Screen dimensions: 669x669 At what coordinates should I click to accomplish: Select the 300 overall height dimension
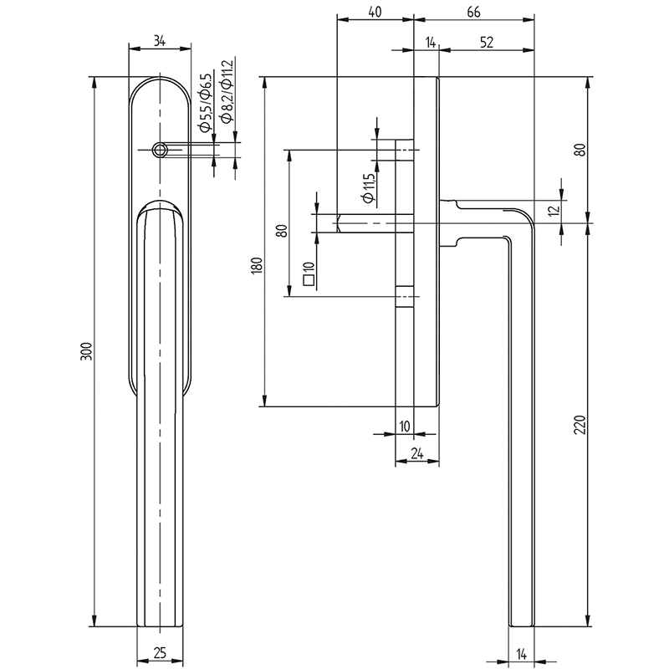[84, 352]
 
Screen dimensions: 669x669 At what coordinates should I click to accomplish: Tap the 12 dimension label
[553, 212]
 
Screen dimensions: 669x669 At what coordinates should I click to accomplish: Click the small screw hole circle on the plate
[159, 150]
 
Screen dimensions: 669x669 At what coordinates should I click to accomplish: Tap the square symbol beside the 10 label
[308, 283]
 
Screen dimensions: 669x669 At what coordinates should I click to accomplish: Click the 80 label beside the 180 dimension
[281, 231]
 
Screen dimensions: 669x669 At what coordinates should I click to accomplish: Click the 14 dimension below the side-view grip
[520, 653]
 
